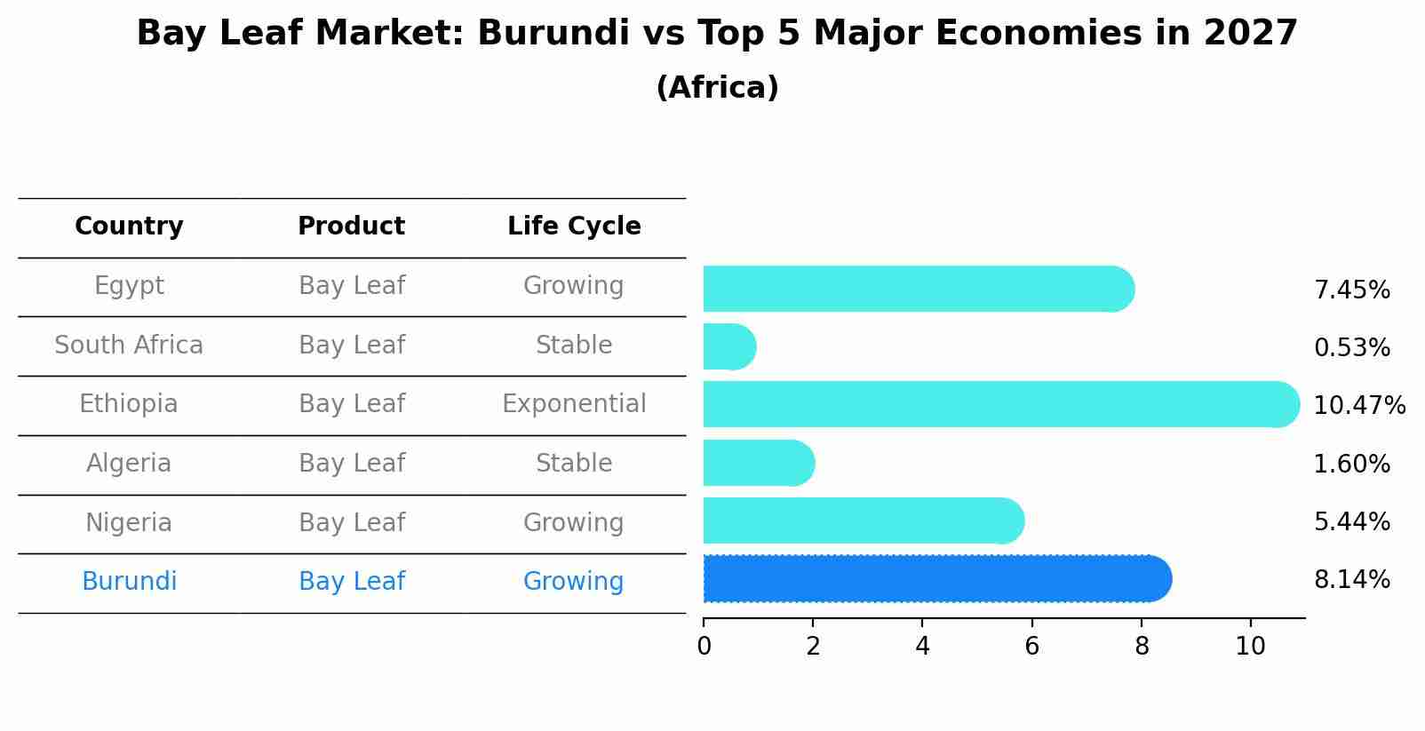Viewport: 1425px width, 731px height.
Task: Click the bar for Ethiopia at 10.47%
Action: tap(999, 405)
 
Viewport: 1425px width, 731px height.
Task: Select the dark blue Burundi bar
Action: tap(936, 579)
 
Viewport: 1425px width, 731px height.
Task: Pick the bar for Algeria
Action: tap(758, 464)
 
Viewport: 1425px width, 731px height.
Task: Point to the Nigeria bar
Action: tap(863, 521)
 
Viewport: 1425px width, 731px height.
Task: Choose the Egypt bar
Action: tap(918, 290)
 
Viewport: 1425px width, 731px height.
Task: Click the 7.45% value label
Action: tap(1351, 290)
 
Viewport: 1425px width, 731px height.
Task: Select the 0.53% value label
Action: tap(1351, 348)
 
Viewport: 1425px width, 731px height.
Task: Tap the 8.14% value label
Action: tap(1351, 580)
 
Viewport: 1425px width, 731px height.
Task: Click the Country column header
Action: tap(129, 226)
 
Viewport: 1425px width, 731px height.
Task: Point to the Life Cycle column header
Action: tap(574, 226)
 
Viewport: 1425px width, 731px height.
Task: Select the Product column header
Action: tap(351, 226)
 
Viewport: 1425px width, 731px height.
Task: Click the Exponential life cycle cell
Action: tap(574, 404)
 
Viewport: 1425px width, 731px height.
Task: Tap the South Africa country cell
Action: tap(129, 346)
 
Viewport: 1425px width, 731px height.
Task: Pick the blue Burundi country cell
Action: tap(129, 582)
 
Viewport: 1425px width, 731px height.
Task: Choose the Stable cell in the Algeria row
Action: tap(574, 464)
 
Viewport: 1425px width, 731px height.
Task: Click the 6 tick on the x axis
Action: tap(1031, 646)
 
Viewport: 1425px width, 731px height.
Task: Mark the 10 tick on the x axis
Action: tap(1250, 646)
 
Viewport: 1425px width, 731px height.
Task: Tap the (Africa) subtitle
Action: tap(717, 88)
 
